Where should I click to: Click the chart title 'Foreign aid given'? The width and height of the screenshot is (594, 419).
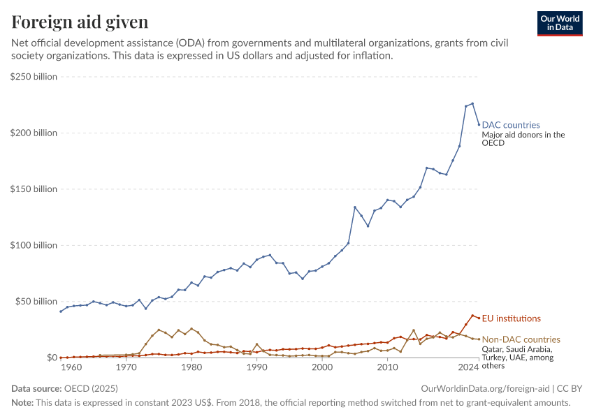tap(80, 22)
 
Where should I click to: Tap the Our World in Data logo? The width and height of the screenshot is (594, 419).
tap(559, 23)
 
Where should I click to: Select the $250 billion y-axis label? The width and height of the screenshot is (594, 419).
tap(34, 77)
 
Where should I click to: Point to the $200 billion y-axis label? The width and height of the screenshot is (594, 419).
tap(34, 133)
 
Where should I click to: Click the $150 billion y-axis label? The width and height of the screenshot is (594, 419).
tap(34, 189)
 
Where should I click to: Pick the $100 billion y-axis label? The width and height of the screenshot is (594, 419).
tap(34, 245)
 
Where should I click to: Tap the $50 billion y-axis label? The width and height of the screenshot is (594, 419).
tap(36, 302)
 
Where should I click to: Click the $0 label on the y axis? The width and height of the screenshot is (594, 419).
tap(52, 358)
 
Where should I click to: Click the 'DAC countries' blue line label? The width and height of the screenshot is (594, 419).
tap(511, 125)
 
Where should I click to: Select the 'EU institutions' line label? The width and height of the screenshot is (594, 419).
tap(512, 318)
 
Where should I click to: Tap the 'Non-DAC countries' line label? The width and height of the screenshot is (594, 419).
tap(521, 339)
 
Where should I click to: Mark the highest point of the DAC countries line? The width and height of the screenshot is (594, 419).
tap(472, 103)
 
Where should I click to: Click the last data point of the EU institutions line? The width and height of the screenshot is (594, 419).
tap(479, 318)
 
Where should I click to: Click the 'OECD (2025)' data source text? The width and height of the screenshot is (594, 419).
tap(91, 388)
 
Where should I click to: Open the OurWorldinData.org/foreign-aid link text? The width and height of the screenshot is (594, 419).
tap(485, 388)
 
